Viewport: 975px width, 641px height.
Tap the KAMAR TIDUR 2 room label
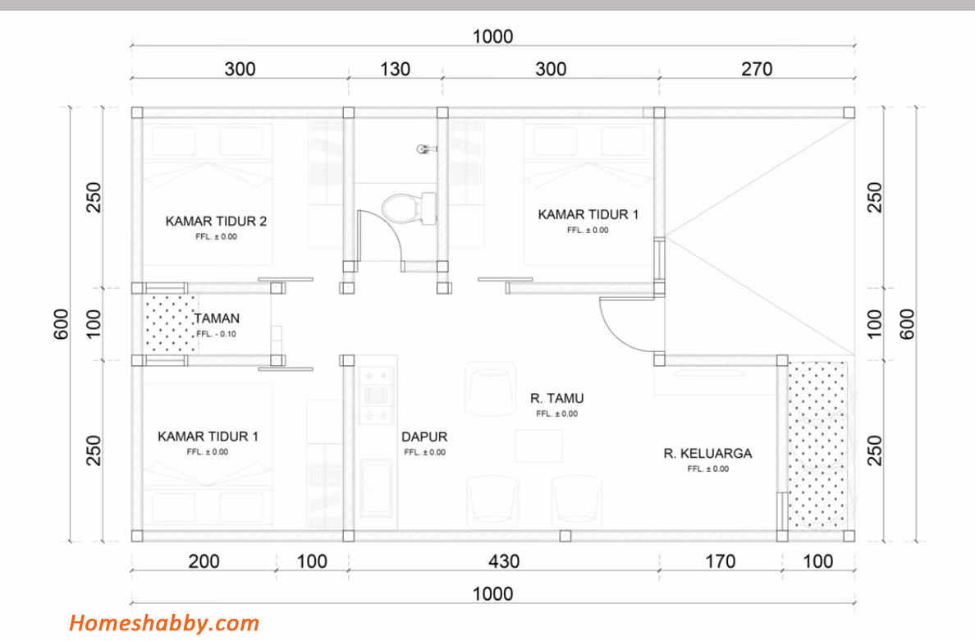click(216, 222)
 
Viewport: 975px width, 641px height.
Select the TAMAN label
click(217, 318)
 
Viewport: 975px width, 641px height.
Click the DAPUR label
click(424, 437)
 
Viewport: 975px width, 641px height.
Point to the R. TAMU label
click(556, 399)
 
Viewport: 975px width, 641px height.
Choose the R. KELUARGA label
click(707, 454)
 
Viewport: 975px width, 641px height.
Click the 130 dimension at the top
click(395, 69)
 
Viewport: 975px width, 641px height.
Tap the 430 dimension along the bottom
click(504, 561)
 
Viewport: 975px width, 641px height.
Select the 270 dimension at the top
click(756, 69)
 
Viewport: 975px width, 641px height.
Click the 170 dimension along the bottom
click(720, 561)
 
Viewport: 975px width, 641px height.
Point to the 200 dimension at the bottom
click(204, 561)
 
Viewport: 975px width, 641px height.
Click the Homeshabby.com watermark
click(164, 623)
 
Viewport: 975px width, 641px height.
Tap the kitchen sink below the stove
click(376, 488)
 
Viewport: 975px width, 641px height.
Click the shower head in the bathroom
click(426, 149)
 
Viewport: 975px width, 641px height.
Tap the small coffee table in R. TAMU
click(538, 446)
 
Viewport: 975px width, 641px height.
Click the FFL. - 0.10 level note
click(217, 335)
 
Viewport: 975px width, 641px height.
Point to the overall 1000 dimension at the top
click(492, 37)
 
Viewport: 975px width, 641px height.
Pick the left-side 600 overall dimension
click(61, 324)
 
